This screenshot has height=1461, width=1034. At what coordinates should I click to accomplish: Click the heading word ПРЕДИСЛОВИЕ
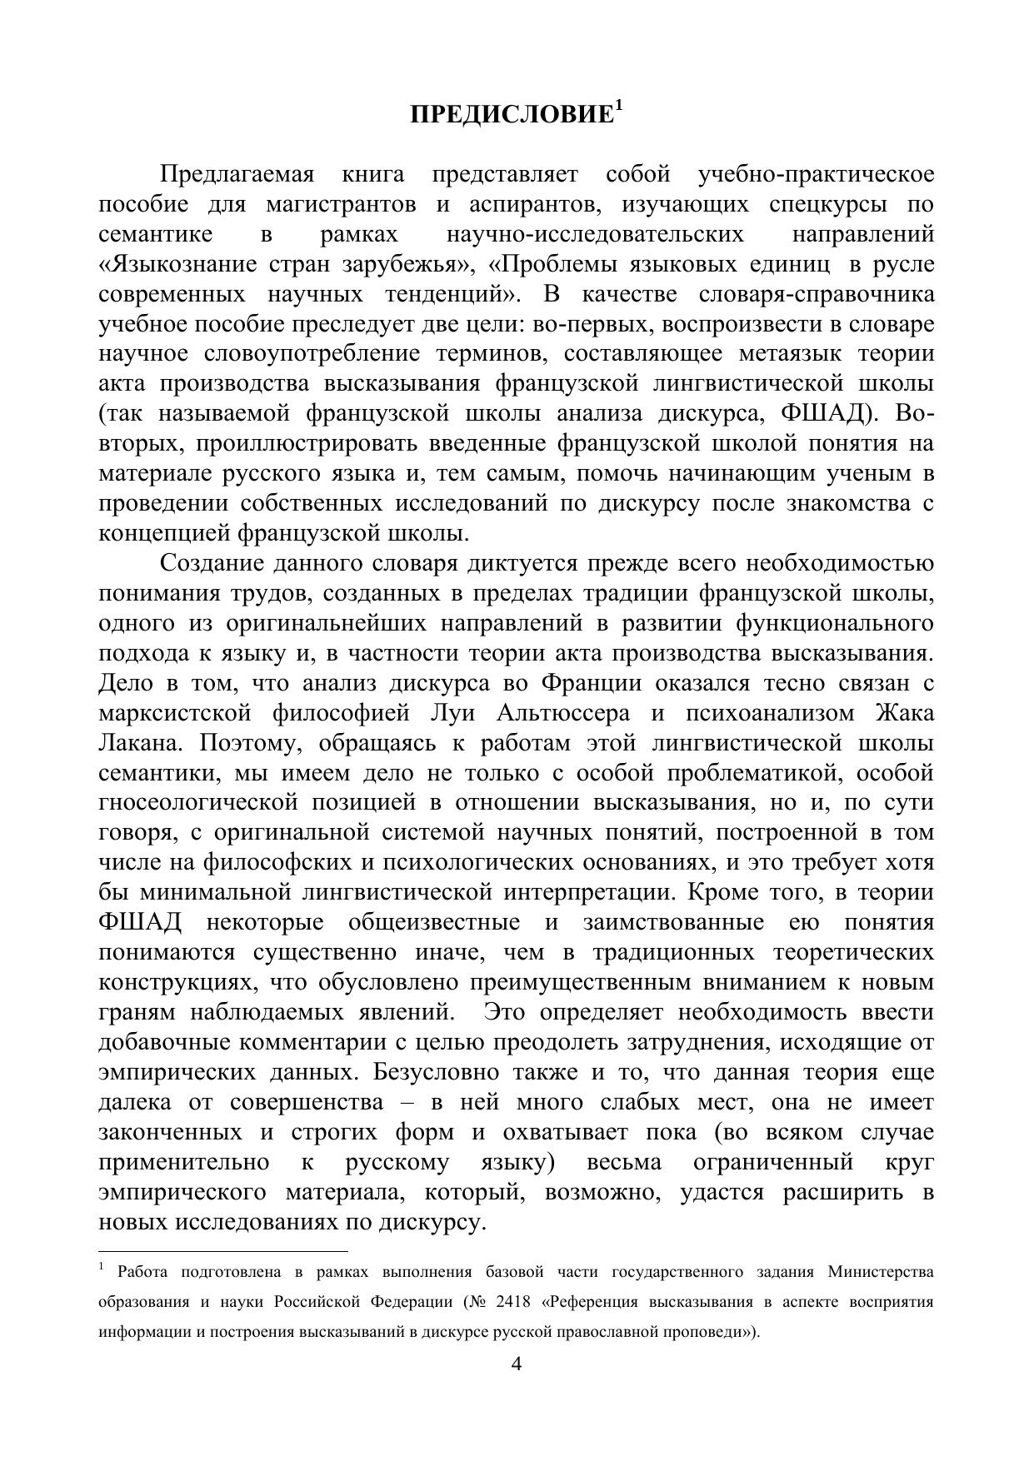coord(511,115)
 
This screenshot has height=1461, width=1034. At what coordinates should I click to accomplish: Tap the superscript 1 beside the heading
coord(618,106)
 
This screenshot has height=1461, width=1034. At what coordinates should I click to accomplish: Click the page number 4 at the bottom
coord(517,1364)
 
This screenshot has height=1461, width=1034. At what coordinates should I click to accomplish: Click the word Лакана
coord(133,743)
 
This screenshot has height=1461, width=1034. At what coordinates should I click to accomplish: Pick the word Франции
coord(592,683)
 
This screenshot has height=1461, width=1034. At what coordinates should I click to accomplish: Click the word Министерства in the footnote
coord(881,1272)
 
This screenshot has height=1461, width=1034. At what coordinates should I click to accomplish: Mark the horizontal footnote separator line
coord(222,1250)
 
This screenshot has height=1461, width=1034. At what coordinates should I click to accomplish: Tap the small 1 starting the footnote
coord(101,1268)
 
